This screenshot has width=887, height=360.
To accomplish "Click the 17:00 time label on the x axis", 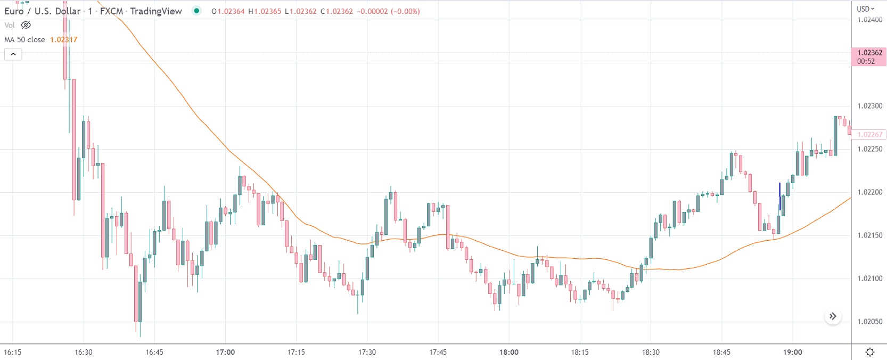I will point(225,352).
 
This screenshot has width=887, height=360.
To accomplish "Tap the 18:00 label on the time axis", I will point(509,352).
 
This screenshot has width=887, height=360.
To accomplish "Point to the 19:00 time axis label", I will point(792,352).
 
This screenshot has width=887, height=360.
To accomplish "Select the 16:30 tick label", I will point(84,352).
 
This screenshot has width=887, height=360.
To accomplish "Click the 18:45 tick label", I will point(721,352).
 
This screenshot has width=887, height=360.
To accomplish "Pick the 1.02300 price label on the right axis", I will point(869,106).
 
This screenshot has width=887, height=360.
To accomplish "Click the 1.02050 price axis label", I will point(869,322).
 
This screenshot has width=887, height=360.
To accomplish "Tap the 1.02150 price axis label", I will point(869,235).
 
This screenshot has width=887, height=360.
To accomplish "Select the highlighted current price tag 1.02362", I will point(869,56).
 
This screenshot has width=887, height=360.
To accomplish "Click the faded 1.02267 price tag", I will point(869,135).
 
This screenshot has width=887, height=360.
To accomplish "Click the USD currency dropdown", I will point(865,9).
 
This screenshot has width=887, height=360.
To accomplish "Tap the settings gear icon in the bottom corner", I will point(870,352).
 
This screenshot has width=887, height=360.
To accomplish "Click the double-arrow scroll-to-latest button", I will point(833,316).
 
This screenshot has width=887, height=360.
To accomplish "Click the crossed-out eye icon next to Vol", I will point(26,25).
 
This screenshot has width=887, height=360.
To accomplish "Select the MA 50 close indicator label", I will point(24,39).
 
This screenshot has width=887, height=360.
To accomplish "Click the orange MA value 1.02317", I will point(63,39).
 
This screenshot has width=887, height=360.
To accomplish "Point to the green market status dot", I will point(196,11).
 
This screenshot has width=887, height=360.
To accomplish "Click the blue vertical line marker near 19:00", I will point(780,196).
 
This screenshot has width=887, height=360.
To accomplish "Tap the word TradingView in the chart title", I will point(155,11).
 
